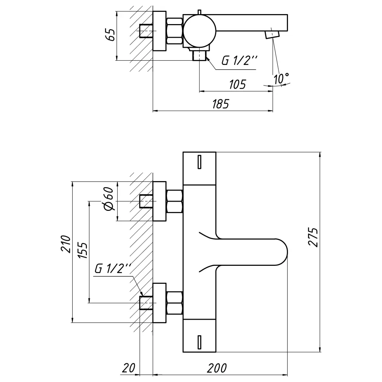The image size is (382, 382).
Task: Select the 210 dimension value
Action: (x=66, y=244)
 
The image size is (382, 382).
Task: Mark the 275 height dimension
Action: (x=314, y=238)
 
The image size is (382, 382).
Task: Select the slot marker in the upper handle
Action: (x=199, y=162)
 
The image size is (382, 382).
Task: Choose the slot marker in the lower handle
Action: (x=199, y=342)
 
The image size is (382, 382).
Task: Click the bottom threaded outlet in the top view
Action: (x=199, y=55)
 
